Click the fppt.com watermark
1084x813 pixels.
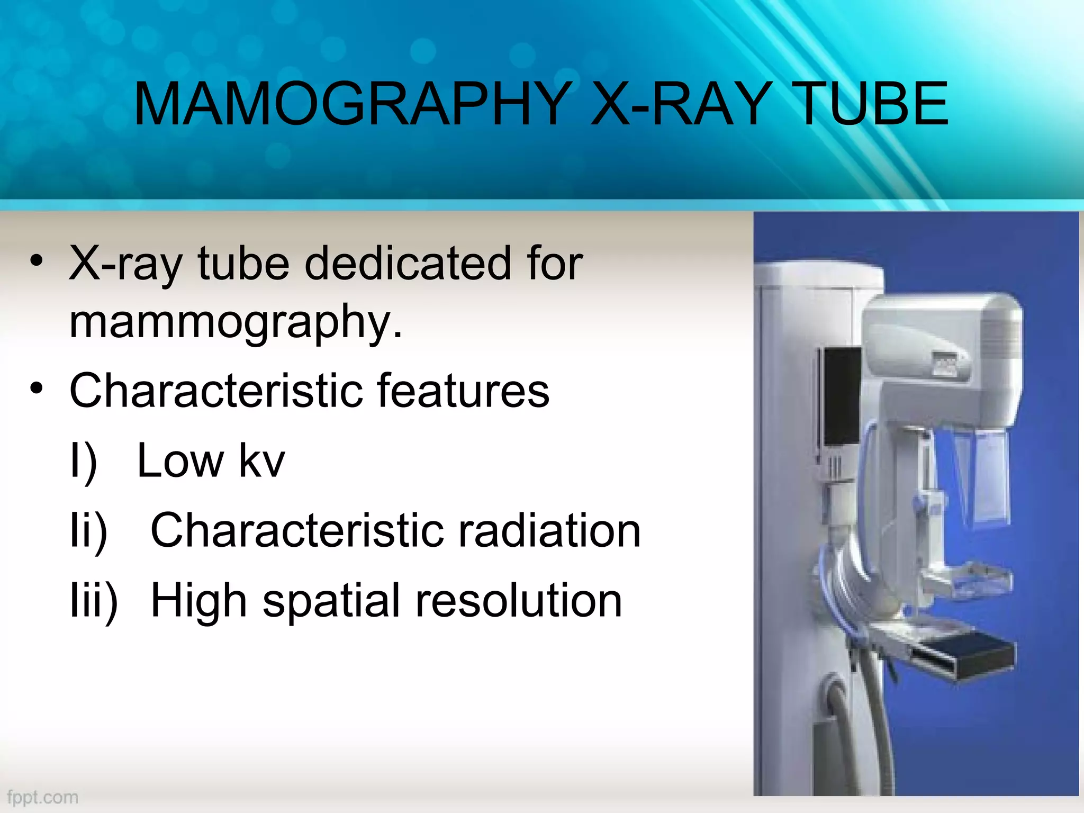click(x=43, y=797)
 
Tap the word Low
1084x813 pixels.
click(x=180, y=460)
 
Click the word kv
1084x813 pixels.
click(x=262, y=460)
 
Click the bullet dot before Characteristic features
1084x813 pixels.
click(x=36, y=389)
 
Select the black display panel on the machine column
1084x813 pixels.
click(x=841, y=396)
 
